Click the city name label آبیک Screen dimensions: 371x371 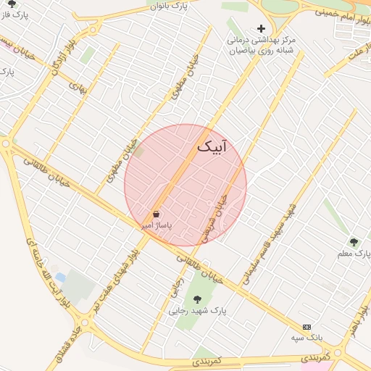[x=212, y=147]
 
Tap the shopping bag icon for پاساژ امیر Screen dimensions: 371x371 [x=157, y=214]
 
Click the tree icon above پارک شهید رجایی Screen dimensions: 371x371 [x=197, y=299]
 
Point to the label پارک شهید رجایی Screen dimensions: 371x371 [x=198, y=311]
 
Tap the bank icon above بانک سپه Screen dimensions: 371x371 [x=307, y=327]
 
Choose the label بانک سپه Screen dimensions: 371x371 [x=307, y=338]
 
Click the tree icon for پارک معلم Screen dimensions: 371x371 [x=354, y=242]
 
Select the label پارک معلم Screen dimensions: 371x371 [x=354, y=254]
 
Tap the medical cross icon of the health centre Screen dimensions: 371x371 [x=262, y=28]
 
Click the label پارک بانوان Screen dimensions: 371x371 [x=185, y=6]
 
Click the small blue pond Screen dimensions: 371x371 [x=60, y=278]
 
